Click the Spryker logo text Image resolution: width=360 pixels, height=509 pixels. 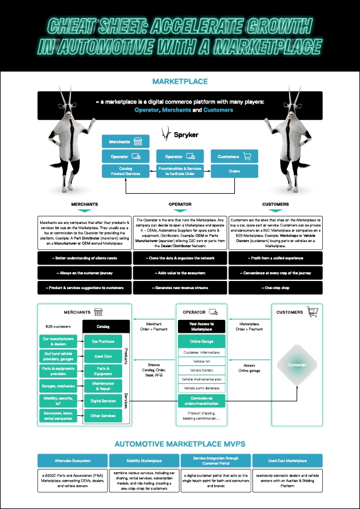click(187, 134)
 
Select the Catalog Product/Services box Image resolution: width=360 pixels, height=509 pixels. click(126, 171)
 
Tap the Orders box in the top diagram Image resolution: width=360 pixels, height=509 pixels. click(234, 171)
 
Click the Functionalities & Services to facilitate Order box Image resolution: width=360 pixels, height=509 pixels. click(180, 171)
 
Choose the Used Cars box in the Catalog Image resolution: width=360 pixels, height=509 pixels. click(103, 356)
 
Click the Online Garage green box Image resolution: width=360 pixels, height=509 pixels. click(202, 341)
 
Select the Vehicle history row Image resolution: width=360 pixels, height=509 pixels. click(202, 370)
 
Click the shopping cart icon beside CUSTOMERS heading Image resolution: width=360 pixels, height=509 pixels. click(315, 312)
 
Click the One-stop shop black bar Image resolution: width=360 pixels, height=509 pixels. click(276, 288)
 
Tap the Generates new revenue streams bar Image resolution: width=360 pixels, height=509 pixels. click(180, 288)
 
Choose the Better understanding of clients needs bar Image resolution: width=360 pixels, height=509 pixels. click(84, 257)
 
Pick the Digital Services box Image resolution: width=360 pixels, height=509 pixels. click(103, 401)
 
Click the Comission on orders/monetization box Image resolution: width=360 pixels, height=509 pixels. click(202, 401)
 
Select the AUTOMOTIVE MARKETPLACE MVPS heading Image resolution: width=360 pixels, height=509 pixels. click(180, 444)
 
